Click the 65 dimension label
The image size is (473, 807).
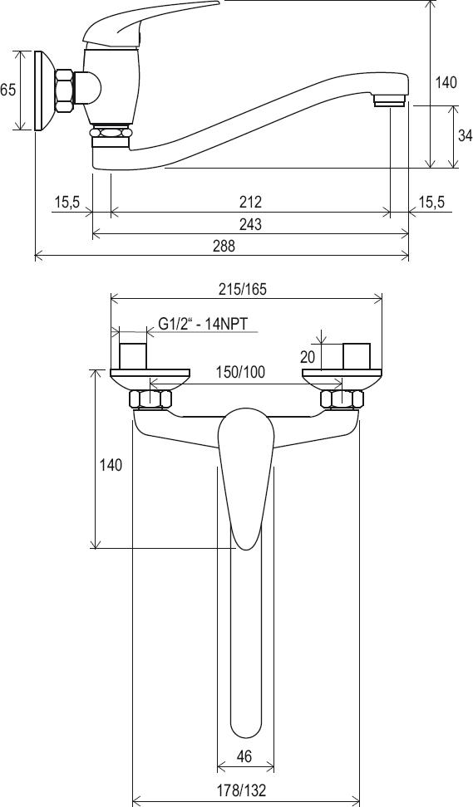pos(7,89)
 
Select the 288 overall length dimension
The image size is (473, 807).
pos(224,246)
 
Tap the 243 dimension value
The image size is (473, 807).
pos(250,224)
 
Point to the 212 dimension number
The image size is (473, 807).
pos(250,202)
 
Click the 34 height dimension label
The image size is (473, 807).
pos(465,135)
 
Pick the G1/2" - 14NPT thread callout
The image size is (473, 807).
pos(203,325)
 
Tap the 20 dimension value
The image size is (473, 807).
pos(308,357)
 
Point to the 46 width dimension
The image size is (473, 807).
pos(244,756)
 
